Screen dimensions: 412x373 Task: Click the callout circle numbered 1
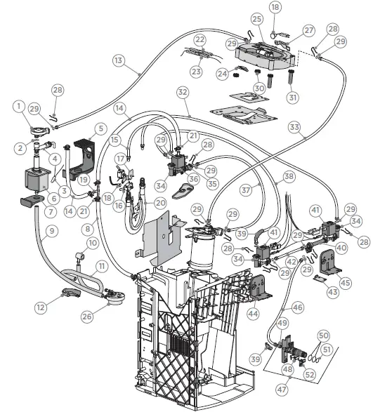click(x=17, y=106)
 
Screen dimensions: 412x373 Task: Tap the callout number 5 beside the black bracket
click(x=101, y=128)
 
